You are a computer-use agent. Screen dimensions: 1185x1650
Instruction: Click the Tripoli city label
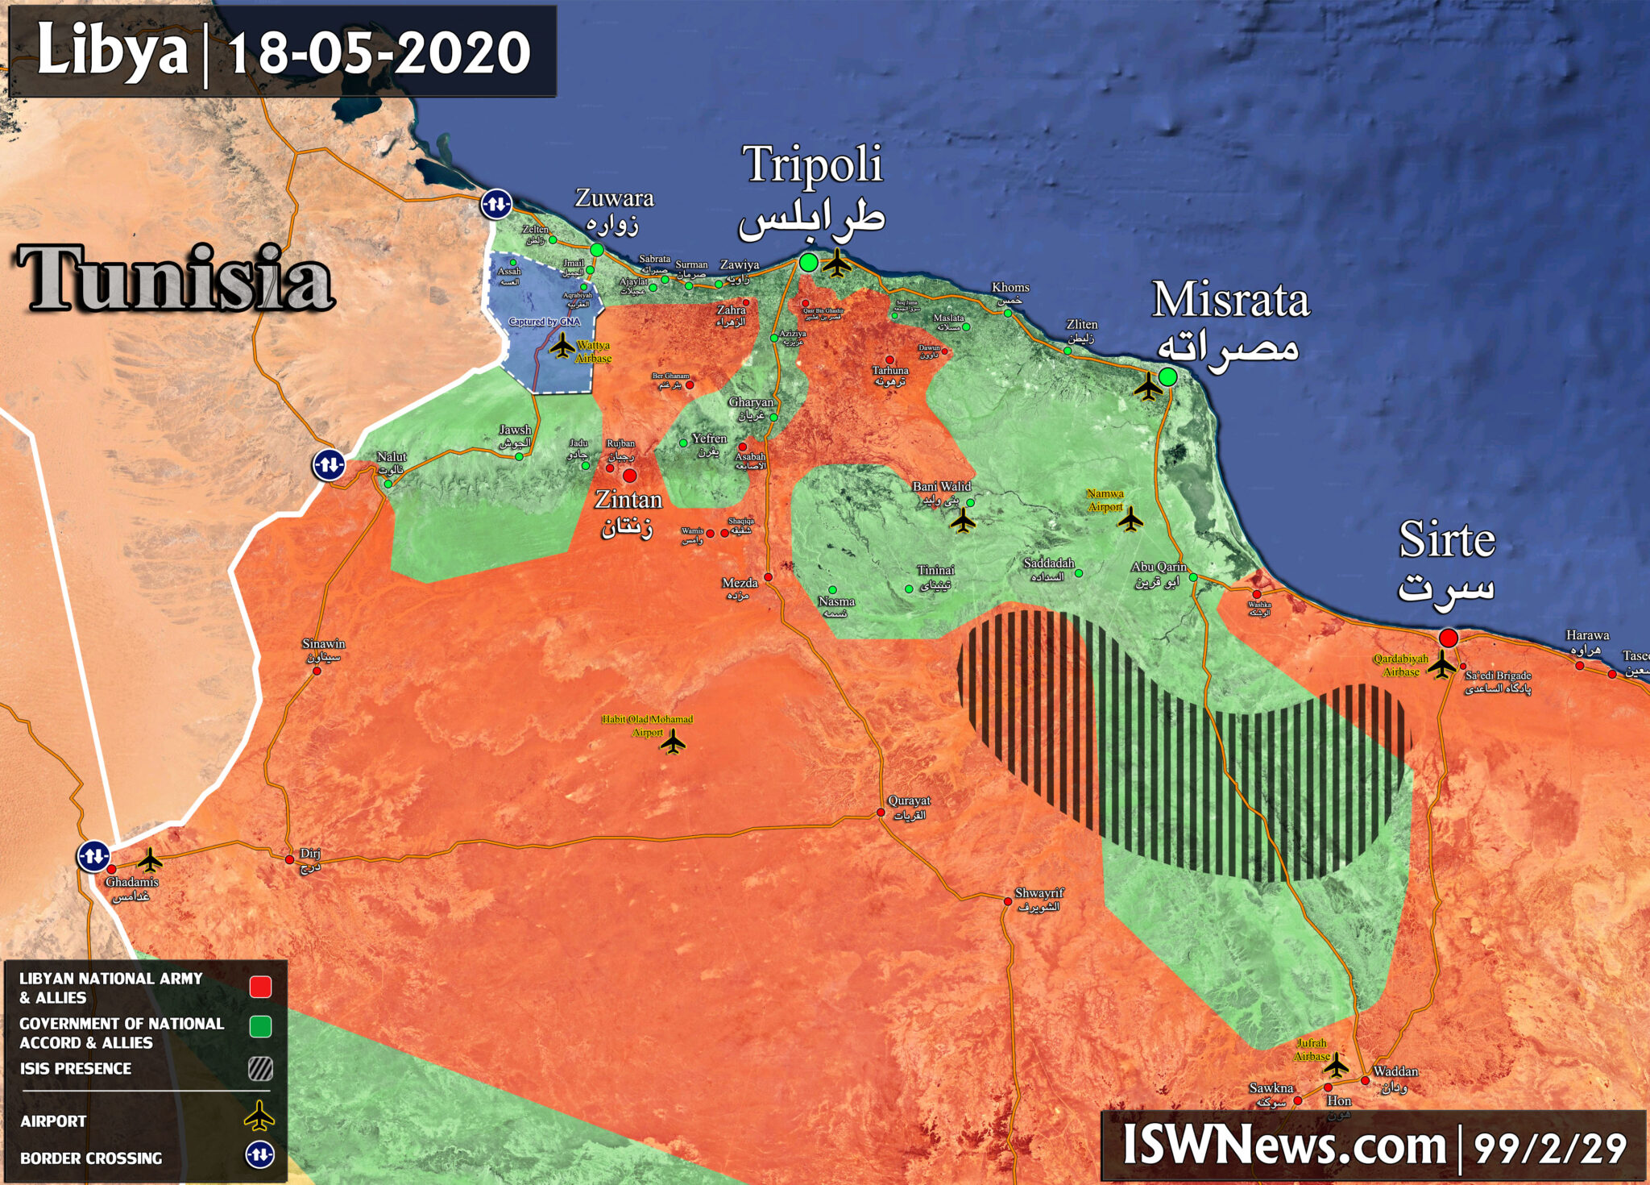click(812, 165)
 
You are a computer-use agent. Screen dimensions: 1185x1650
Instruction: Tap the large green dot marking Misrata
click(1167, 376)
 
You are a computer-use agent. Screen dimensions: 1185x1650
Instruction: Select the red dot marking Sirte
click(1449, 638)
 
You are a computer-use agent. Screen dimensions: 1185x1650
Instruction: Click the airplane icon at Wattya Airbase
click(562, 347)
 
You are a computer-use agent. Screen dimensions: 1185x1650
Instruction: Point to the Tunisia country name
click(175, 279)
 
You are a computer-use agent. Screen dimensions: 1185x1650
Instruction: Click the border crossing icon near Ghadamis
click(93, 856)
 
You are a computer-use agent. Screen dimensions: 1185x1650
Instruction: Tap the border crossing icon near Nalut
click(329, 465)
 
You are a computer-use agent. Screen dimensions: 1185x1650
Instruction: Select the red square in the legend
click(260, 987)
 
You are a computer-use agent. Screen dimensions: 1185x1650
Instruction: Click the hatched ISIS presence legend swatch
click(260, 1069)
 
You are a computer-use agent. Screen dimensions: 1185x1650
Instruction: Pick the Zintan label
click(628, 501)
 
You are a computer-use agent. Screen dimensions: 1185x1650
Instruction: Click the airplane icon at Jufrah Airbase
click(1336, 1066)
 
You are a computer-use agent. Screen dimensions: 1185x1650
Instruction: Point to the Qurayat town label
click(909, 801)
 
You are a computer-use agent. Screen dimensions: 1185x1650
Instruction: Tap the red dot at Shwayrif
click(1007, 901)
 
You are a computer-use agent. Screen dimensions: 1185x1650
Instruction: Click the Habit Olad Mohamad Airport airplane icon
click(673, 742)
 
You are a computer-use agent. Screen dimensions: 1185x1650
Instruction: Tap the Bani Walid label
click(941, 487)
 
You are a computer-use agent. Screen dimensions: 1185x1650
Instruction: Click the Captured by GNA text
click(544, 322)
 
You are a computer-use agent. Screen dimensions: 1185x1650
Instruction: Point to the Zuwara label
click(614, 198)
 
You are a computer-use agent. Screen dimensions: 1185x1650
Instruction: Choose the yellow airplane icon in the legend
click(259, 1117)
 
